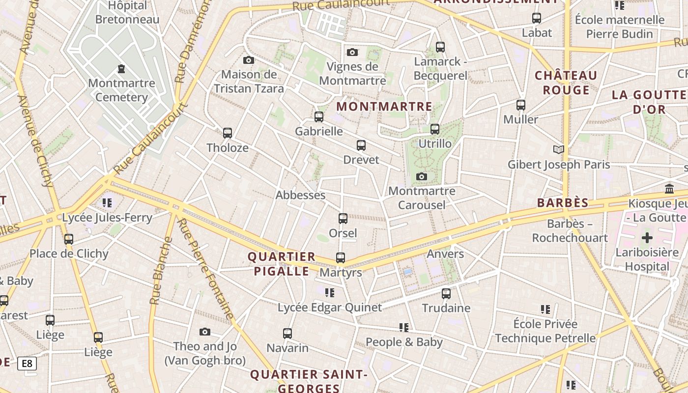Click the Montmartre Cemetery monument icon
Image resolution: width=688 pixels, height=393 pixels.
click(121, 69)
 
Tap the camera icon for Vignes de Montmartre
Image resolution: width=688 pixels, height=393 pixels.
click(352, 52)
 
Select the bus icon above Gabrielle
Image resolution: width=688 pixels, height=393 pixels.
click(319, 117)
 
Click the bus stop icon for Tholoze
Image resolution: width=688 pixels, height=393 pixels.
click(227, 133)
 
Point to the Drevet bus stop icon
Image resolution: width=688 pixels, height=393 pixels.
click(361, 145)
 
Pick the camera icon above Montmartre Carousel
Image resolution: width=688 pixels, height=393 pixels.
click(421, 177)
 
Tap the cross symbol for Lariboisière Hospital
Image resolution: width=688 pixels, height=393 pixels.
click(647, 238)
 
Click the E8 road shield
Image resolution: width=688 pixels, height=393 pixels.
click(27, 364)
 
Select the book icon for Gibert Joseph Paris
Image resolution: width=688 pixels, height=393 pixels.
click(558, 149)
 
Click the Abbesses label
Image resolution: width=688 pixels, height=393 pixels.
click(300, 195)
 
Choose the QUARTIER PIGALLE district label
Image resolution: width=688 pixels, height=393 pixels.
click(282, 264)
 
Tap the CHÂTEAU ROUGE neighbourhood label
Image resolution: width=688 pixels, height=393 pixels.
click(566, 83)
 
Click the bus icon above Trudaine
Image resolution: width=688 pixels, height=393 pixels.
click(446, 294)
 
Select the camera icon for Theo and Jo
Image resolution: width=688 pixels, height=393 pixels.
click(205, 332)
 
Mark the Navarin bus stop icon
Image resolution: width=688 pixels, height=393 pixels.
click(287, 334)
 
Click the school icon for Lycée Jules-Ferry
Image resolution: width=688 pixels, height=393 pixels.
click(107, 202)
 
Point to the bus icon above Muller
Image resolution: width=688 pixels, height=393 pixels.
click(521, 105)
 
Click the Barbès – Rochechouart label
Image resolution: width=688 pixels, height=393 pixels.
click(570, 231)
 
